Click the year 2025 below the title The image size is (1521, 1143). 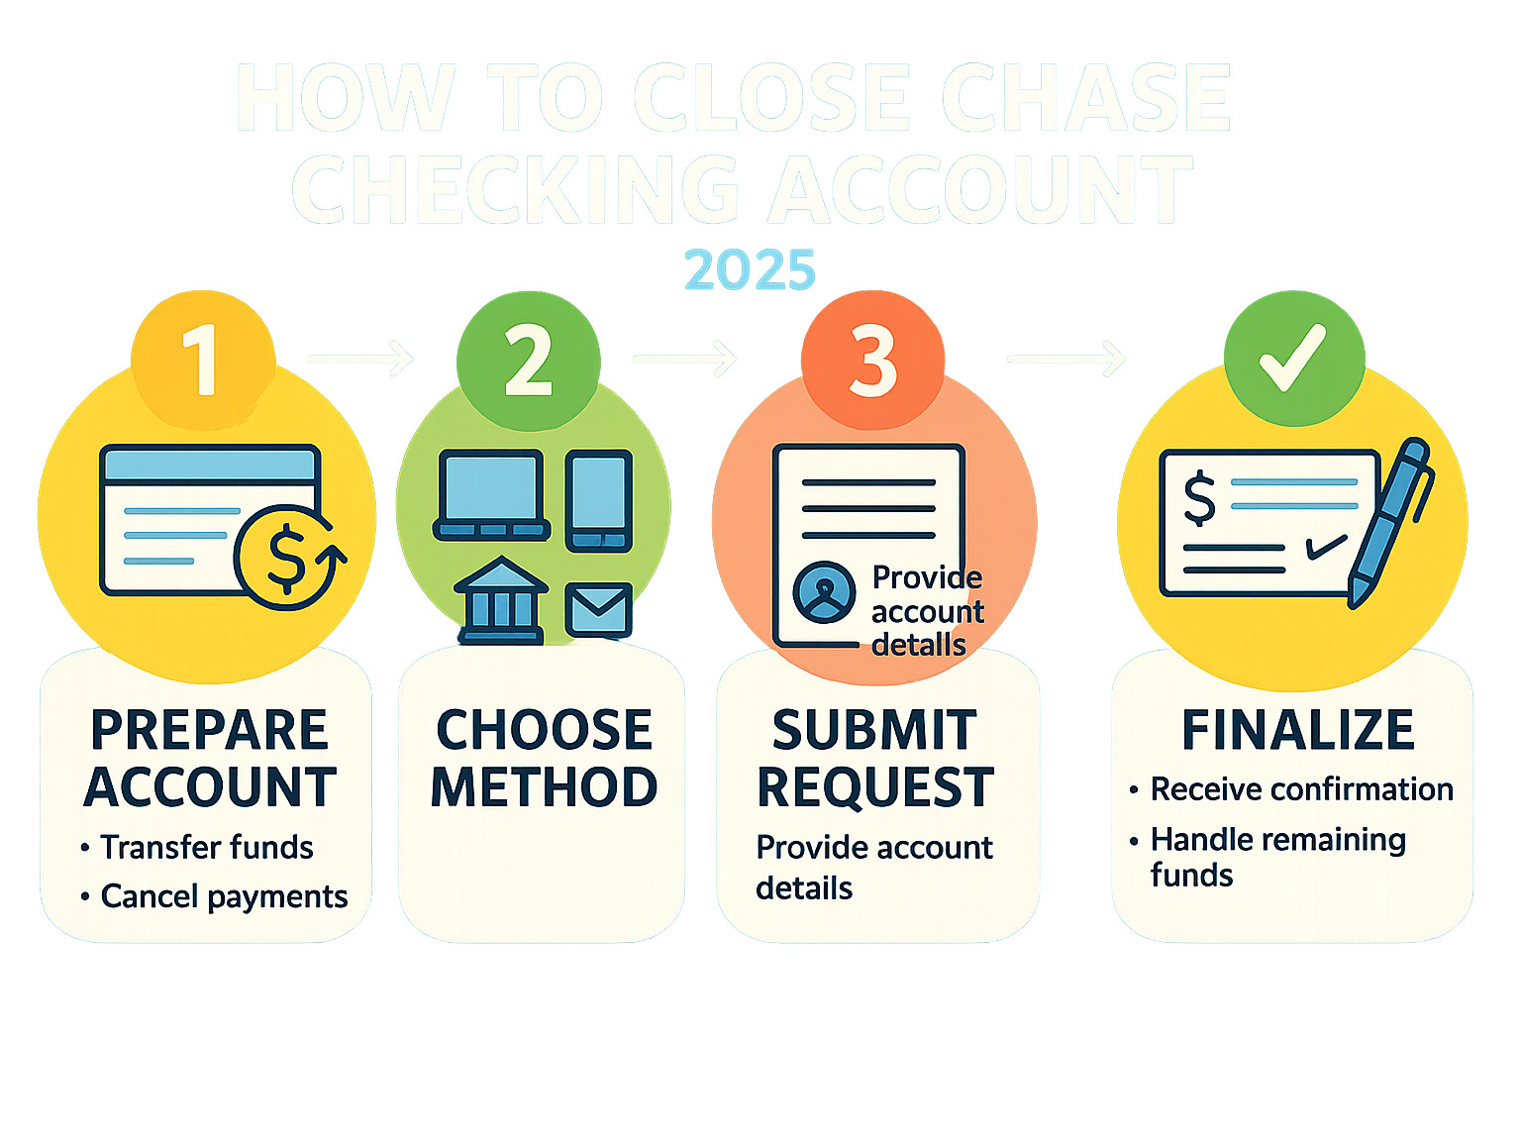(750, 269)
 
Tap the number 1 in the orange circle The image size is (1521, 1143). (202, 360)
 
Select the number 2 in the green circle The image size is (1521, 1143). (529, 361)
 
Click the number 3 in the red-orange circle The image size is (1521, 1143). (872, 362)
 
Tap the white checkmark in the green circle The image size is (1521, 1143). (1293, 357)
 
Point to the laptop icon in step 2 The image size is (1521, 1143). (491, 495)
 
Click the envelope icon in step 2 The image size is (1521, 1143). (598, 609)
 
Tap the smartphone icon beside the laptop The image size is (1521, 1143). (598, 499)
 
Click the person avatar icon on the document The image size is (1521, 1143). (824, 592)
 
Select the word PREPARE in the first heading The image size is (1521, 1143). (209, 731)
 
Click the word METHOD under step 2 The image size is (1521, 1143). (544, 787)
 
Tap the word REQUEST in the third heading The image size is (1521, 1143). (875, 788)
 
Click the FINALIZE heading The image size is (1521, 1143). (1297, 731)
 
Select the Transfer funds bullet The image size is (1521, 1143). (206, 848)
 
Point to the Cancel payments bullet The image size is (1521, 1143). (224, 896)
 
